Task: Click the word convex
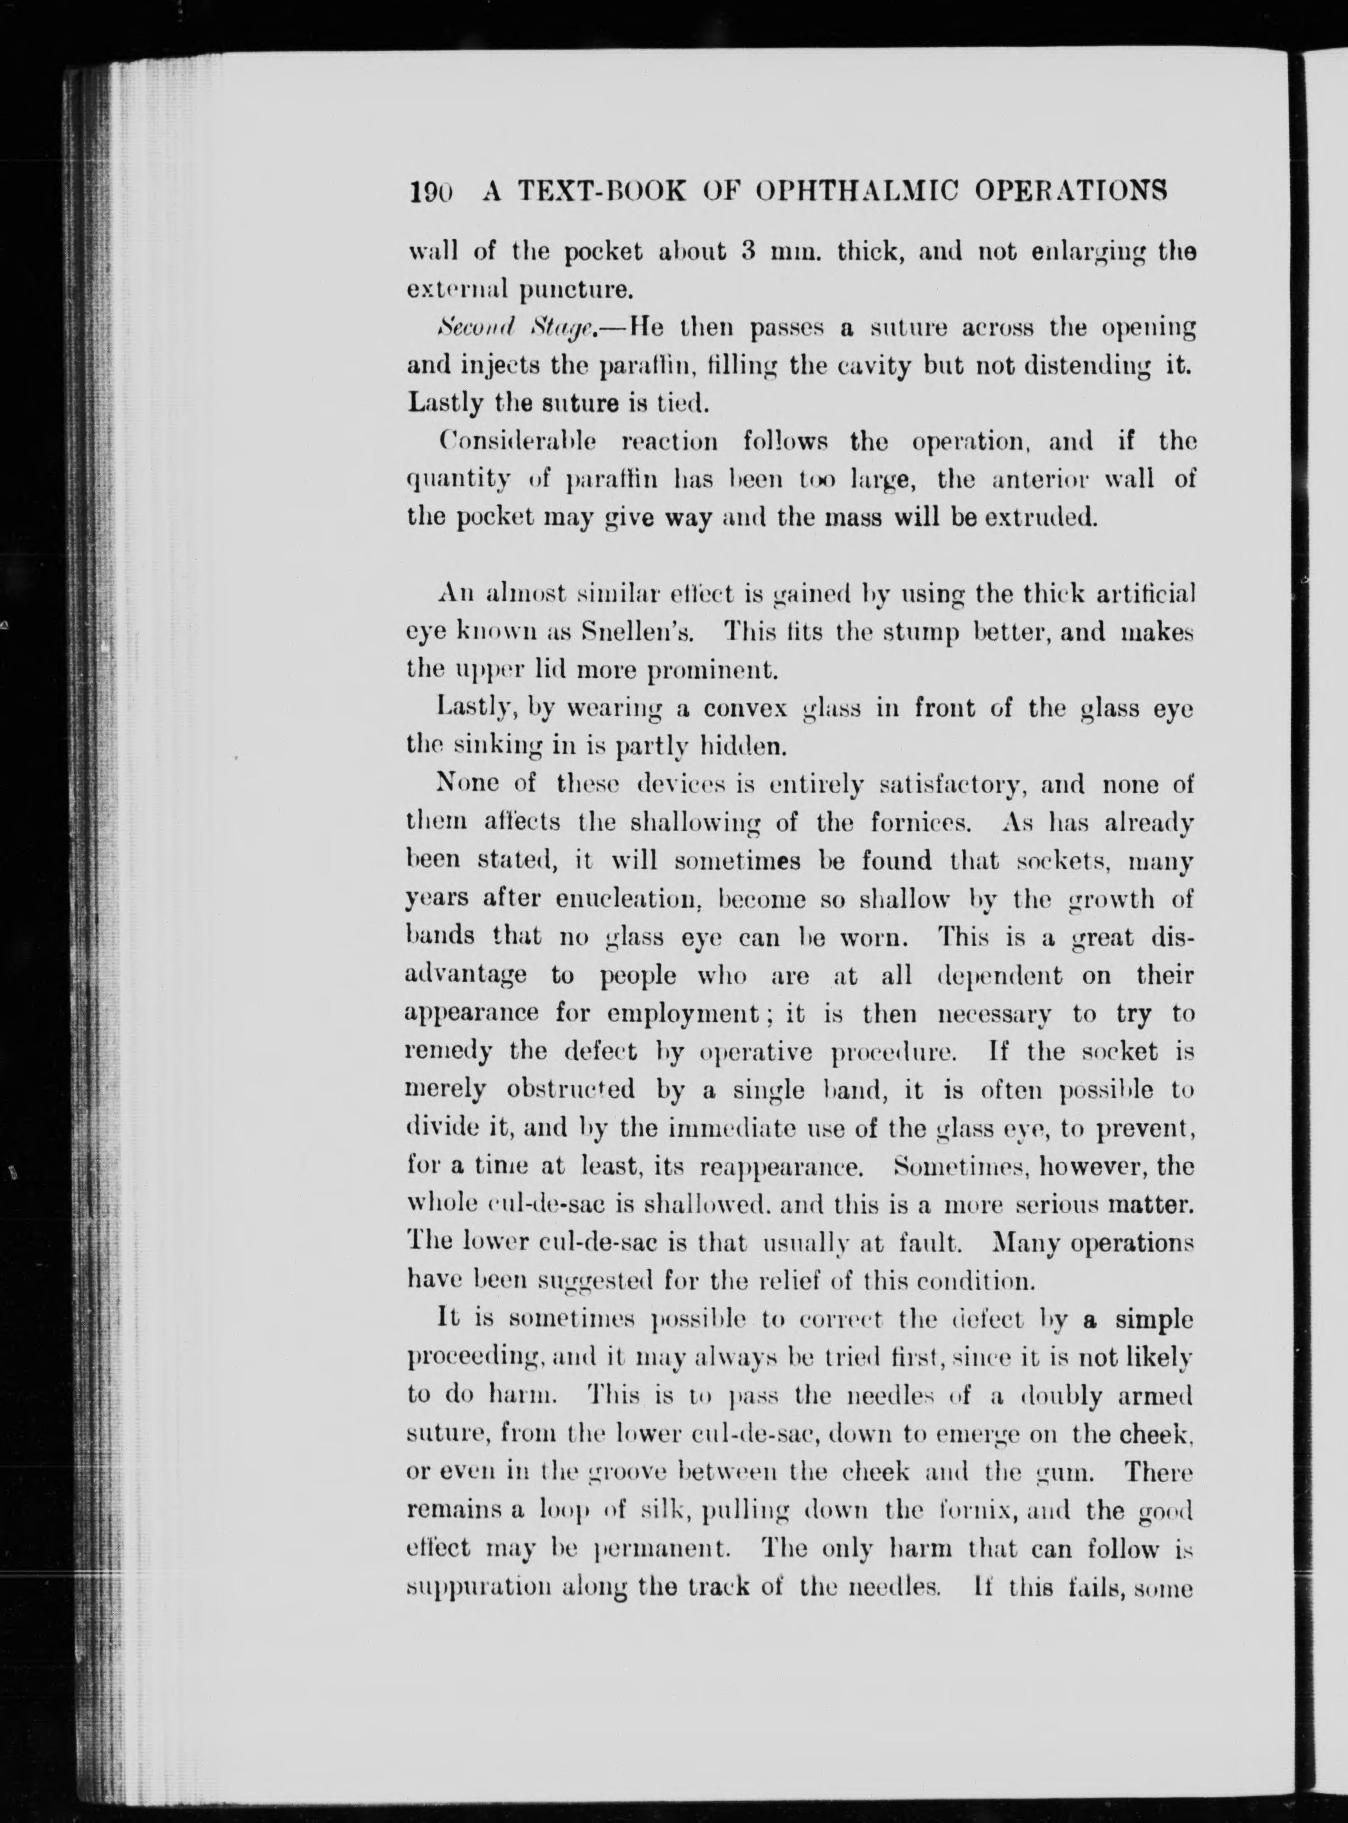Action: pos(744,708)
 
